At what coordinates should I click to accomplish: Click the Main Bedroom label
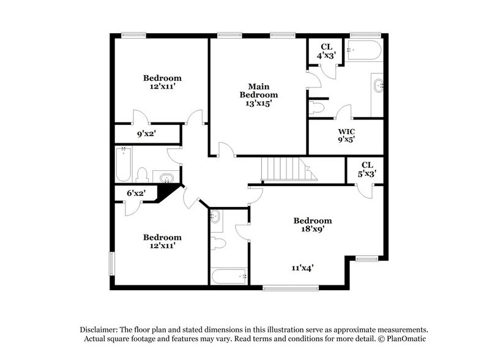coord(258,91)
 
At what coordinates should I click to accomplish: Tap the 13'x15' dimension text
coord(258,103)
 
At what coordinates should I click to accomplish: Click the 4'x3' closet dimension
coord(327,56)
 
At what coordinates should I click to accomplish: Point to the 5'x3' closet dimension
coord(367,173)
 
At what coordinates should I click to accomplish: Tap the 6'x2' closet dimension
coord(135,193)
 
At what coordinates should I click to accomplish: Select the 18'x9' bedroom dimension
coord(312,230)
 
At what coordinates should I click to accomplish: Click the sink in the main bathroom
coord(378,86)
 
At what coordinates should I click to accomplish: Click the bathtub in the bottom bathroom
coord(229,276)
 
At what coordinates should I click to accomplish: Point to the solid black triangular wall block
coord(165,193)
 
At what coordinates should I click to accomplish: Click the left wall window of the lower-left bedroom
coord(111,262)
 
